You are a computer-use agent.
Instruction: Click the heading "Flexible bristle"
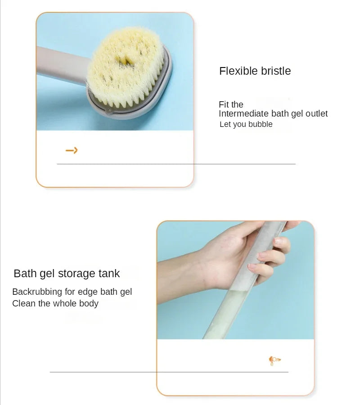(x=255, y=71)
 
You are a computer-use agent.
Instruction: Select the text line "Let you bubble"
(x=246, y=124)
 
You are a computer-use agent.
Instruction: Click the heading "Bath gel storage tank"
(x=67, y=273)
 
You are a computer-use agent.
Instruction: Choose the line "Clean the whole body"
(x=55, y=304)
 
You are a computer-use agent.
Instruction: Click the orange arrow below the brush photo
(x=72, y=150)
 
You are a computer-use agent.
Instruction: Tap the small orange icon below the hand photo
(x=274, y=360)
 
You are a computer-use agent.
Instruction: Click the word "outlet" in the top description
(x=317, y=114)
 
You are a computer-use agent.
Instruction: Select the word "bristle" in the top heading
(x=275, y=71)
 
